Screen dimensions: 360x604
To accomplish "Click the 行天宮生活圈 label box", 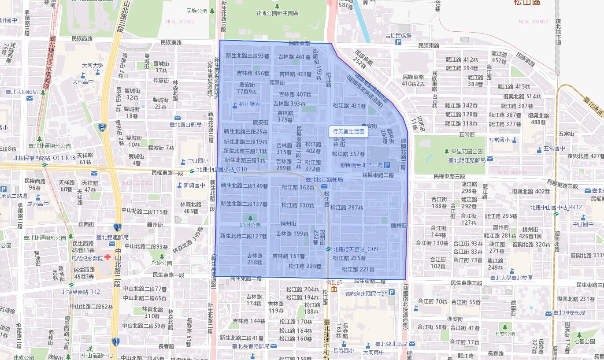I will pyautogui.click(x=348, y=131).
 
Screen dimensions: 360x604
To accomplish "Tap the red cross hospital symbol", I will pyautogui.click(x=107, y=258).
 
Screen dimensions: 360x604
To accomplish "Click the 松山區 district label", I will pyautogui.click(x=526, y=3).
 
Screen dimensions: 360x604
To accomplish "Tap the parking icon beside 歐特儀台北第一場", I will pyautogui.click(x=387, y=165).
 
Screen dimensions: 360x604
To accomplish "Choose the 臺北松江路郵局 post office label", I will pyautogui.click(x=324, y=180).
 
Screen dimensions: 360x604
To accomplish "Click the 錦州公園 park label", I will pyautogui.click(x=250, y=225).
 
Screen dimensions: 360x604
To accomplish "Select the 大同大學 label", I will pyautogui.click(x=93, y=66).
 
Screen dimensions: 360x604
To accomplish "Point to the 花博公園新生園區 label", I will pyautogui.click(x=277, y=13).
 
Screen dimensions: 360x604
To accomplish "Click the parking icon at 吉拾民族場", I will pyautogui.click(x=398, y=42).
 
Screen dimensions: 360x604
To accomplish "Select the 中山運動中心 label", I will pyautogui.click(x=98, y=355).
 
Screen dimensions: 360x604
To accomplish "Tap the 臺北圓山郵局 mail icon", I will pyautogui.click(x=177, y=118).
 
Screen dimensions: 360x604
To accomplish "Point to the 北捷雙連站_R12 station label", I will pyautogui.click(x=82, y=292).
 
